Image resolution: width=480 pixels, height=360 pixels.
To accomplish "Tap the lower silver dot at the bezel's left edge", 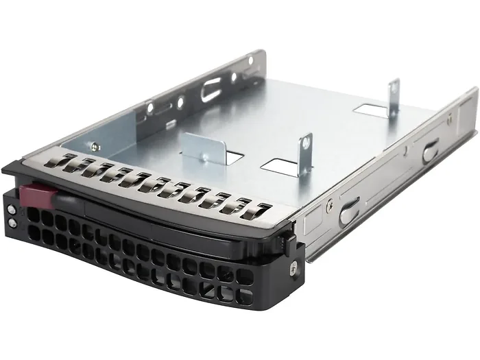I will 12,223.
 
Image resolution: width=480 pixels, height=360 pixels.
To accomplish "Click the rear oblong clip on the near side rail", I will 431,149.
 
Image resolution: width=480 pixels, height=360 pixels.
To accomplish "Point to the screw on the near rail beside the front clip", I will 330,204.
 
